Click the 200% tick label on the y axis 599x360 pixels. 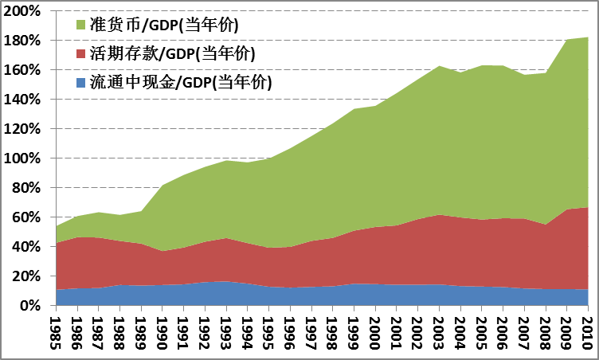coord(24,11)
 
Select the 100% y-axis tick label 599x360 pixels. coord(24,158)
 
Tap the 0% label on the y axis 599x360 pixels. coord(31,306)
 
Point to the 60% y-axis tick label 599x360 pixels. coord(27,217)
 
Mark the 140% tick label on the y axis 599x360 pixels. coord(24,100)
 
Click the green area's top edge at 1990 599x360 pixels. coord(162,186)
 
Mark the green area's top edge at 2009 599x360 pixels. coord(566,40)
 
